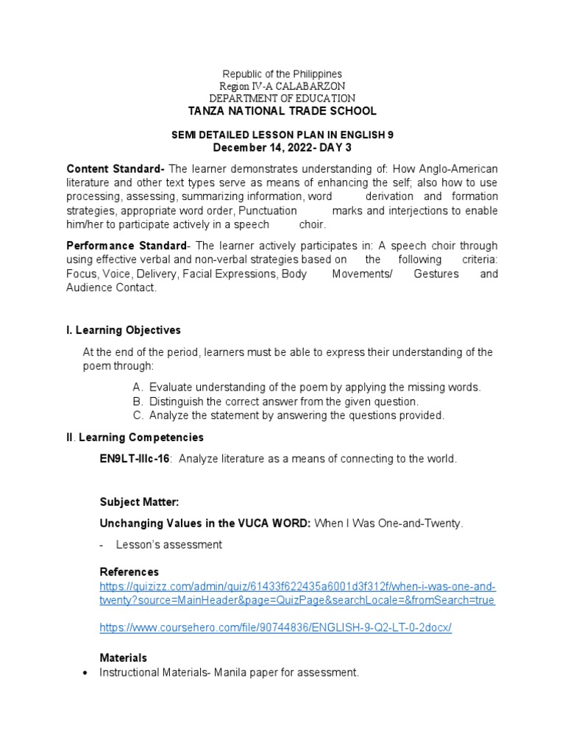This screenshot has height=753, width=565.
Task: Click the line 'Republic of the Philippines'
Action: click(x=282, y=74)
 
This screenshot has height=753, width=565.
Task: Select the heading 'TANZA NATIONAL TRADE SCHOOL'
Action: click(x=282, y=111)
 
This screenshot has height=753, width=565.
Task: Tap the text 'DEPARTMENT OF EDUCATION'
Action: click(x=282, y=99)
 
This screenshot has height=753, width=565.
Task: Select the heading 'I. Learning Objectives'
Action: click(x=124, y=330)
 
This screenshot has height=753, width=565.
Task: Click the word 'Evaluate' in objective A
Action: click(x=171, y=387)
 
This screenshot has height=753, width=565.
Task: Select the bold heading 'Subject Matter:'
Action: click(x=139, y=502)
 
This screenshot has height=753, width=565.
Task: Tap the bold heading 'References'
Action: click(x=129, y=572)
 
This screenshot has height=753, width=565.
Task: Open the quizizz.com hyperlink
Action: click(x=297, y=593)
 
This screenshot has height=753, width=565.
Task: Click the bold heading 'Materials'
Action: click(x=123, y=658)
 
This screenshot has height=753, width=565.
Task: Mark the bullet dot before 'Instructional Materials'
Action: click(x=88, y=673)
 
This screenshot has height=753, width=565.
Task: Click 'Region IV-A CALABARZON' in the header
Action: click(x=282, y=86)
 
